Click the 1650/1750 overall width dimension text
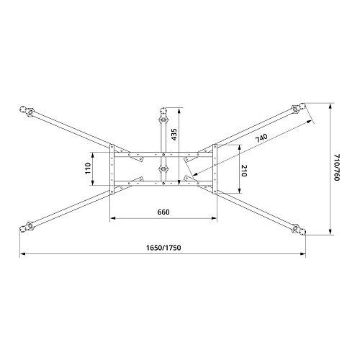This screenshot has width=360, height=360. click(163, 248)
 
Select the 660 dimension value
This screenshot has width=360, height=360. click(163, 212)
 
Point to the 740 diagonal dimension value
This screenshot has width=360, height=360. click(261, 138)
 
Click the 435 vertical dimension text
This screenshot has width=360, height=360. click(174, 135)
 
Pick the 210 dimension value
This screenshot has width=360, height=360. click(243, 171)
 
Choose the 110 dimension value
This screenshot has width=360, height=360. click(88, 168)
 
